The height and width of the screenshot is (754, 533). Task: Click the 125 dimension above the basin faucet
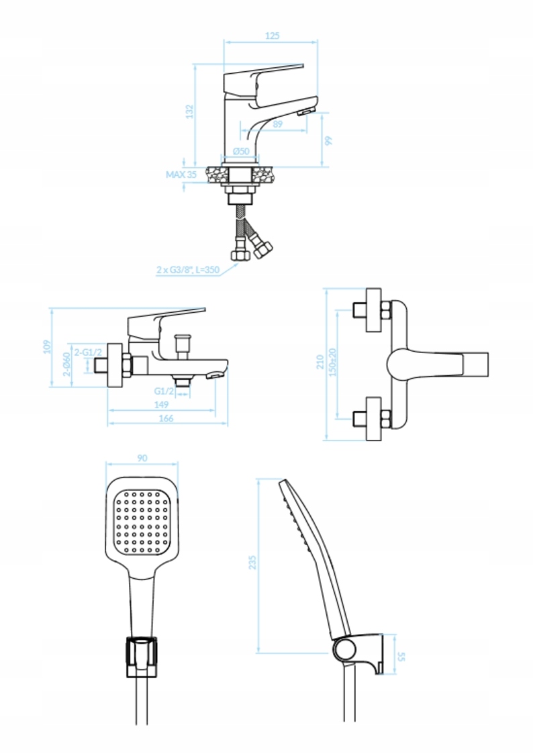pyautogui.click(x=272, y=36)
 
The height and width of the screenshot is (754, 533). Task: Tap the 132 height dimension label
pyautogui.click(x=190, y=111)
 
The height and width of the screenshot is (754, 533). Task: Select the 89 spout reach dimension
pyautogui.click(x=277, y=124)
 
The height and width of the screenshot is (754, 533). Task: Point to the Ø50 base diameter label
pyautogui.click(x=241, y=151)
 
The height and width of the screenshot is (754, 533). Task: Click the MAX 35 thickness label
pyautogui.click(x=181, y=175)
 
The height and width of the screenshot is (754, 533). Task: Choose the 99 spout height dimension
pyautogui.click(x=329, y=140)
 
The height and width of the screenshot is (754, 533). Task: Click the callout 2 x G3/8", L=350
pyautogui.click(x=188, y=270)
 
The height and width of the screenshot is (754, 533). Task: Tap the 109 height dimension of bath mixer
pyautogui.click(x=46, y=346)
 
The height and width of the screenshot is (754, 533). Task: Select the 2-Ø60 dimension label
pyautogui.click(x=67, y=364)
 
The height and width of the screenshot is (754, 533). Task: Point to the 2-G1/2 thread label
pyautogui.click(x=88, y=352)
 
